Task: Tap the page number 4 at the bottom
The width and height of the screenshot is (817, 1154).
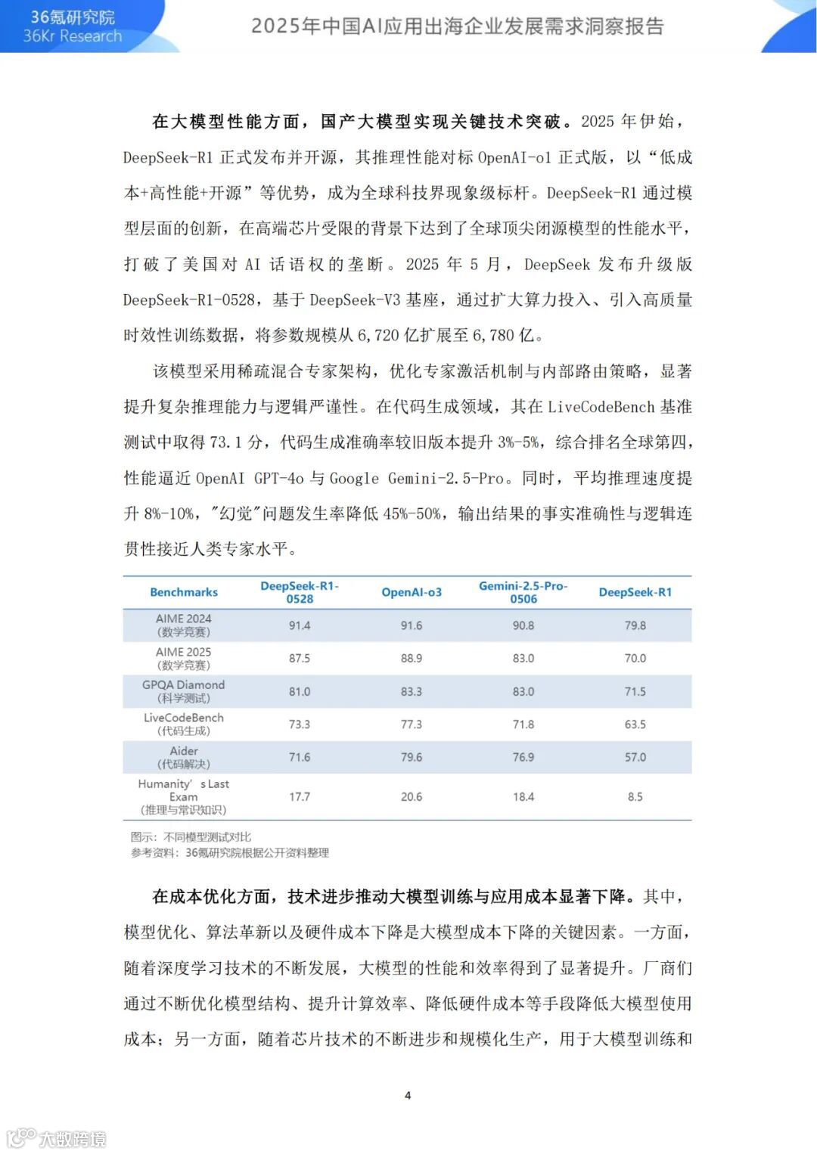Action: (408, 1095)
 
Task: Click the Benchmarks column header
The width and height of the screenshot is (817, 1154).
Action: (184, 592)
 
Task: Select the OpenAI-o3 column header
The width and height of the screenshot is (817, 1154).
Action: (412, 592)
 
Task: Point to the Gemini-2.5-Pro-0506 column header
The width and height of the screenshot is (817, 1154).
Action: (523, 592)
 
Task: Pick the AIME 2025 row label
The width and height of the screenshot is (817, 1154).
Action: (184, 658)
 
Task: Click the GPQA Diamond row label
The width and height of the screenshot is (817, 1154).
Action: (184, 691)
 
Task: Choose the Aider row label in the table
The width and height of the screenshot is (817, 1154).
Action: (184, 757)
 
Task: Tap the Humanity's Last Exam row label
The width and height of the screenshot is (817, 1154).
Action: (184, 796)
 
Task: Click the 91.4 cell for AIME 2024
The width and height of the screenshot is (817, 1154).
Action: (300, 625)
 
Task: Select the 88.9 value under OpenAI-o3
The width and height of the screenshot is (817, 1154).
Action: (412, 658)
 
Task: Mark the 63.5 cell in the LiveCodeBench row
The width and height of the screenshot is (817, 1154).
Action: (635, 724)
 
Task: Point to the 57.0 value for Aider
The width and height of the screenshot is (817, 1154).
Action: (635, 757)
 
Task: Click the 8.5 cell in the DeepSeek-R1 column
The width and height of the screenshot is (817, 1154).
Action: (635, 796)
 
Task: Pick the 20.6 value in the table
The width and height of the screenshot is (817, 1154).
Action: (412, 796)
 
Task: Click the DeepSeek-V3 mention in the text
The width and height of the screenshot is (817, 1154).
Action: (355, 299)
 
